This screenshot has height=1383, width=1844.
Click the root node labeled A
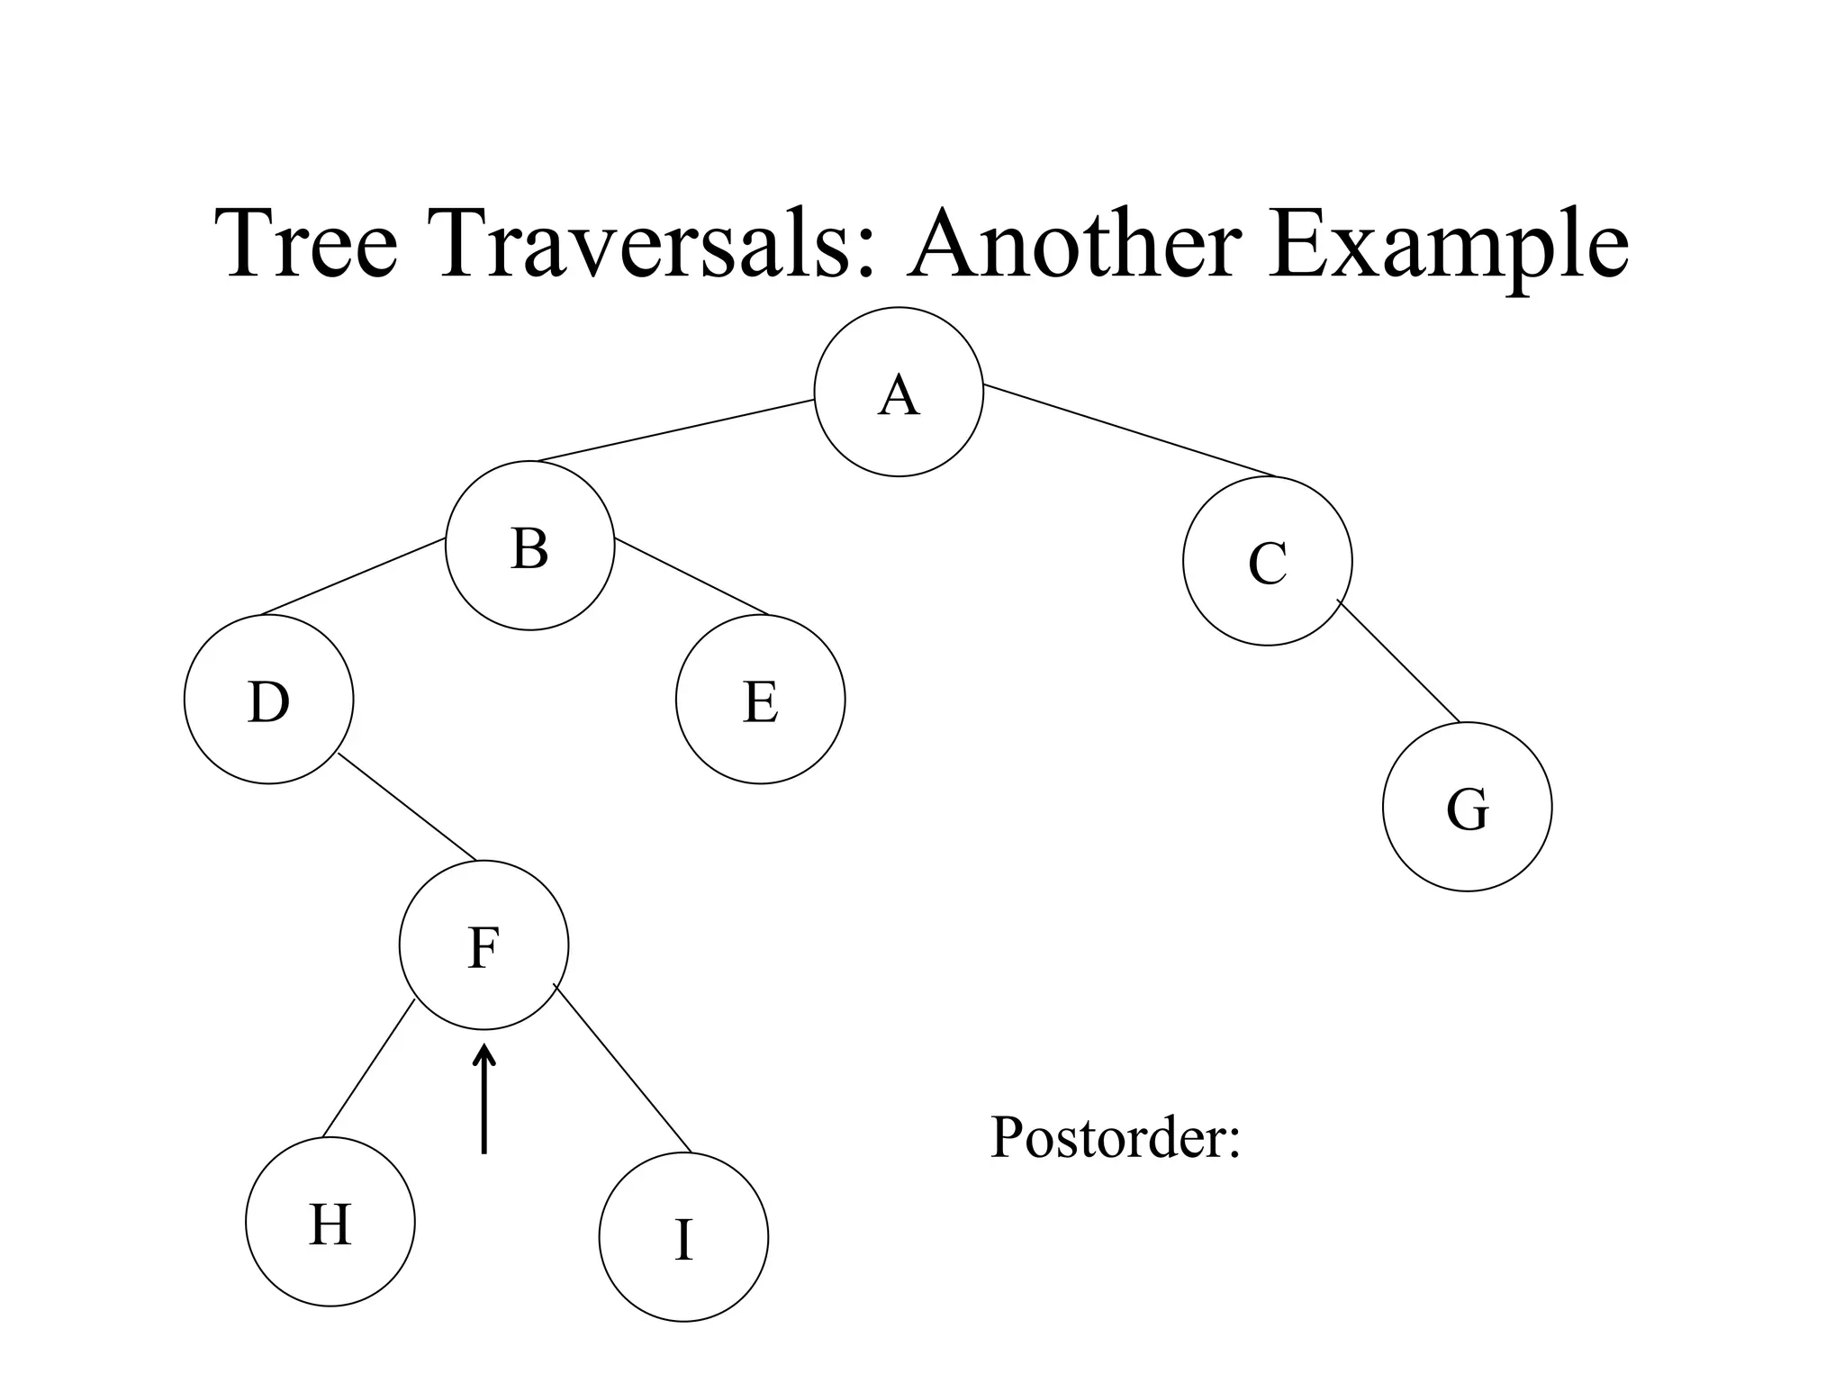pyautogui.click(x=899, y=392)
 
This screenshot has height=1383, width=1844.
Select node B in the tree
pyautogui.click(x=529, y=546)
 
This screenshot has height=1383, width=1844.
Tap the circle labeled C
pyautogui.click(x=1267, y=561)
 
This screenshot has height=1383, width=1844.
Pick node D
pyautogui.click(x=268, y=700)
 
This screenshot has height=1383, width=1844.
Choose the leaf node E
pyautogui.click(x=760, y=700)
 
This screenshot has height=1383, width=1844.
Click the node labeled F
pyautogui.click(x=484, y=945)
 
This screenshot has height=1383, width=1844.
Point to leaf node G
pyautogui.click(x=1467, y=807)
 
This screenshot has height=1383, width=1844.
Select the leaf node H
pyautogui.click(x=330, y=1222)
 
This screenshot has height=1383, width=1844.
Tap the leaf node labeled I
pyautogui.click(x=683, y=1237)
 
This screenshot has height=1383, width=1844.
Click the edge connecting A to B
pyautogui.click(x=675, y=430)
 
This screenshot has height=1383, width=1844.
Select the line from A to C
pyautogui.click(x=1130, y=430)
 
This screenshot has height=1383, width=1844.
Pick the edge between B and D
pyautogui.click(x=353, y=577)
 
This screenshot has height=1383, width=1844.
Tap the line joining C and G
pyautogui.click(x=1398, y=661)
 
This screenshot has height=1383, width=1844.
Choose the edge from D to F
pyautogui.click(x=407, y=807)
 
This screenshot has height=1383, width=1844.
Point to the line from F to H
pyautogui.click(x=368, y=1069)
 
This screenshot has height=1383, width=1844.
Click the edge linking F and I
pyautogui.click(x=622, y=1070)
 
